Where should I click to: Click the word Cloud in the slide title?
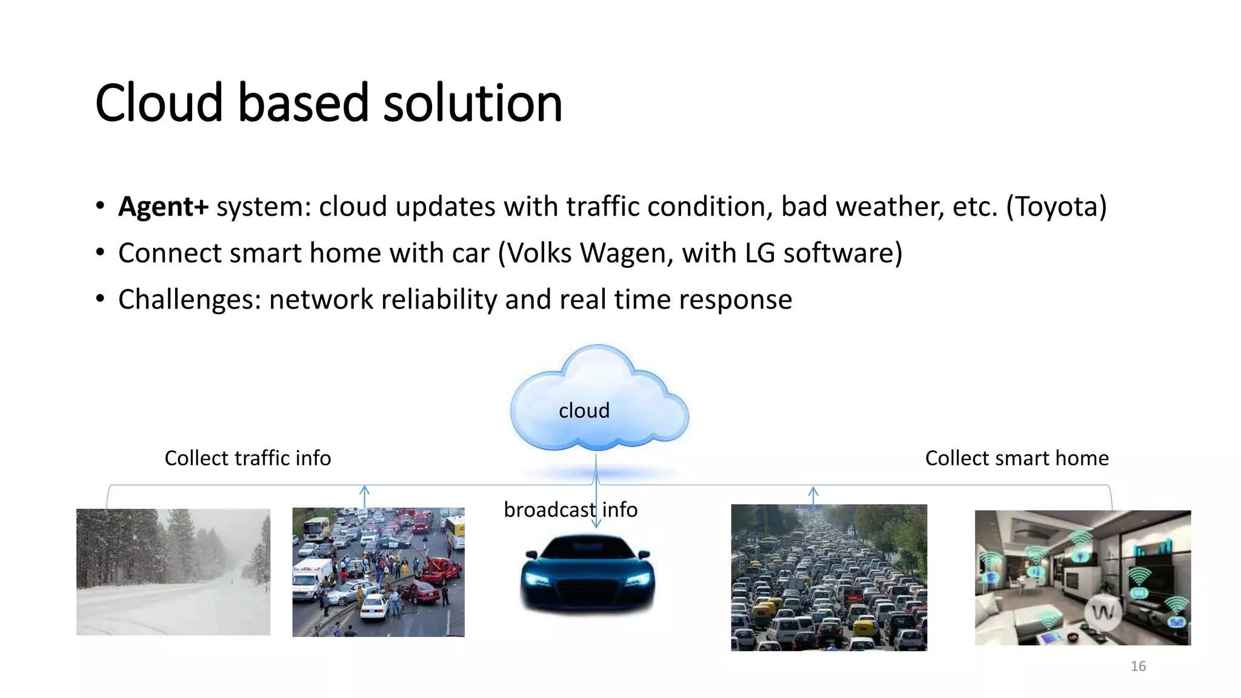(x=159, y=103)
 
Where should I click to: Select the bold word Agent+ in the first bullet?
(x=163, y=207)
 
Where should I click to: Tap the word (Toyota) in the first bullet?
(x=1056, y=207)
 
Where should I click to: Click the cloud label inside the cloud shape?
(x=584, y=411)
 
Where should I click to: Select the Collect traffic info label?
(x=248, y=458)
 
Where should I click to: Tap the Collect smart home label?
(x=1017, y=458)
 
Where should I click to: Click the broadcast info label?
(x=570, y=510)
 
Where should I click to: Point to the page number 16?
(x=1138, y=666)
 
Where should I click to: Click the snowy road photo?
(x=173, y=572)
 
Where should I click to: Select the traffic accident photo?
(x=378, y=572)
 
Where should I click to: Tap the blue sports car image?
(x=587, y=573)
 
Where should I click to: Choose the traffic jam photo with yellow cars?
(x=829, y=577)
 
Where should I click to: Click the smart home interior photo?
(x=1082, y=577)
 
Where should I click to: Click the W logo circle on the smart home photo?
(x=1103, y=612)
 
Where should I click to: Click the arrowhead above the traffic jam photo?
(x=813, y=490)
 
